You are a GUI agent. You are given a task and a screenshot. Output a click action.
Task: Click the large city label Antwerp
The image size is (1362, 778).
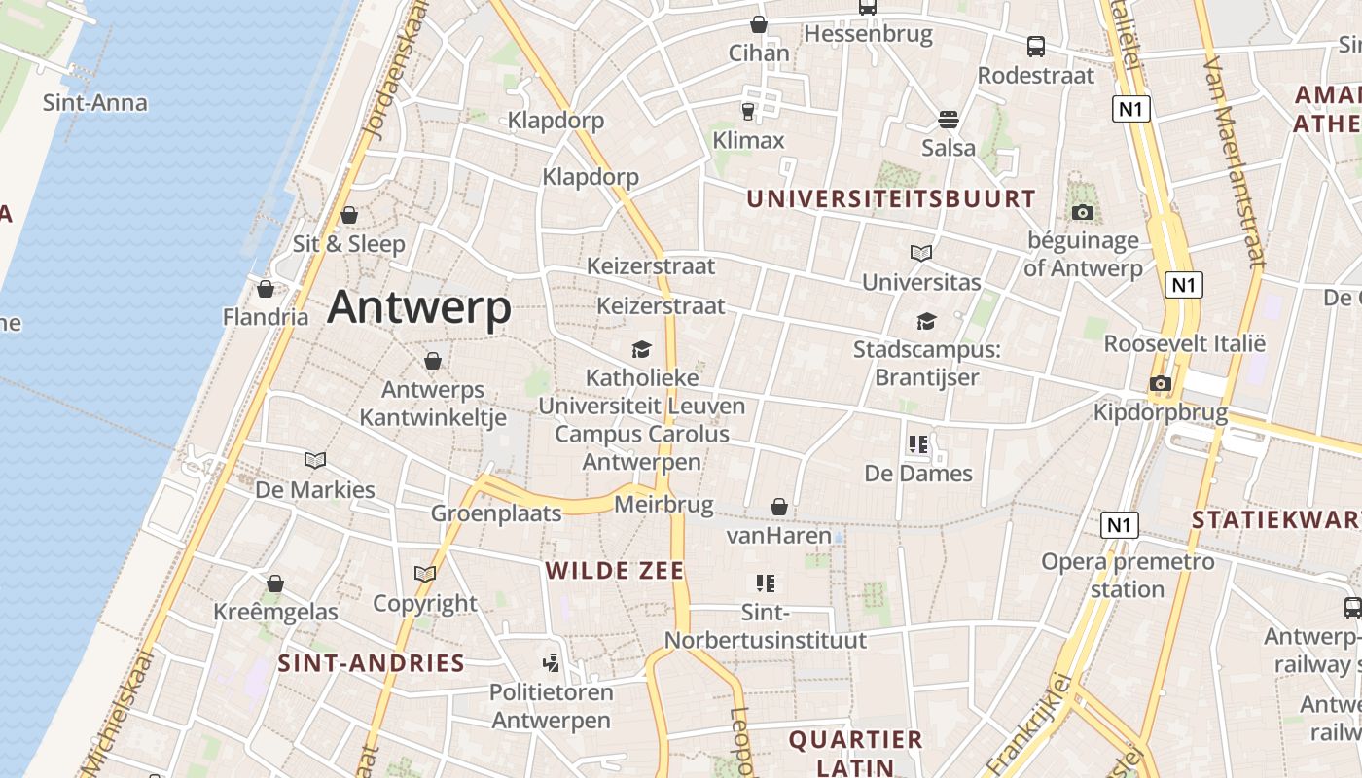(419, 307)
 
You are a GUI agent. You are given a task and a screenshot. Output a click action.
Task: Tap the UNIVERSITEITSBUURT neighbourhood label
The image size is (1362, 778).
(890, 198)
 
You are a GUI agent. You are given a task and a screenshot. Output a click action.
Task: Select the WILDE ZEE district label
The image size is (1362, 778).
(615, 571)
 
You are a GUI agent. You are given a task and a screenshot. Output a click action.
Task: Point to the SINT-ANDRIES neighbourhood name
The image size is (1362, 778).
(371, 663)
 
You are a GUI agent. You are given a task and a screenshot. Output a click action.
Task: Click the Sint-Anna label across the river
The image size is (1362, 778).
(95, 103)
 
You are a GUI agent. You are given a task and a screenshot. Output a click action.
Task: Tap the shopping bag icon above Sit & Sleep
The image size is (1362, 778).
(349, 215)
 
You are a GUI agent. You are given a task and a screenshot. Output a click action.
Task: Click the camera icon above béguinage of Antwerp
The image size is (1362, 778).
(1082, 212)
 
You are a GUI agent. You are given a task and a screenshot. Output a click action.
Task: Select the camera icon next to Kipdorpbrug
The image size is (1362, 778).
(1160, 383)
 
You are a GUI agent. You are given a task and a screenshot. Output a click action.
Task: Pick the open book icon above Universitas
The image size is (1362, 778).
(921, 253)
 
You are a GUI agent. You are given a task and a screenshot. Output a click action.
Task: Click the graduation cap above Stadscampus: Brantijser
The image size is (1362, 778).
(926, 321)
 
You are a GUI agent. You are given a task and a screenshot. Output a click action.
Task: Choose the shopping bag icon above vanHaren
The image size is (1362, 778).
(779, 507)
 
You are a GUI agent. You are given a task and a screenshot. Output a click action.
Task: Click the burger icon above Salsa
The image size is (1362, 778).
(949, 120)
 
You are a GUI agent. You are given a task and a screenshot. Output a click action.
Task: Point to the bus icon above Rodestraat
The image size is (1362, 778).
(1036, 46)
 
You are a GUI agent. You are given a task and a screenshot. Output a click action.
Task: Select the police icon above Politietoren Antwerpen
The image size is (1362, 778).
(552, 663)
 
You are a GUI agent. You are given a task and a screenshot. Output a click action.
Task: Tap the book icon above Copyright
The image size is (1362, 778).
(425, 574)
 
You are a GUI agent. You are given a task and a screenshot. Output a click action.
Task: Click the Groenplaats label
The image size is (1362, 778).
(496, 513)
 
